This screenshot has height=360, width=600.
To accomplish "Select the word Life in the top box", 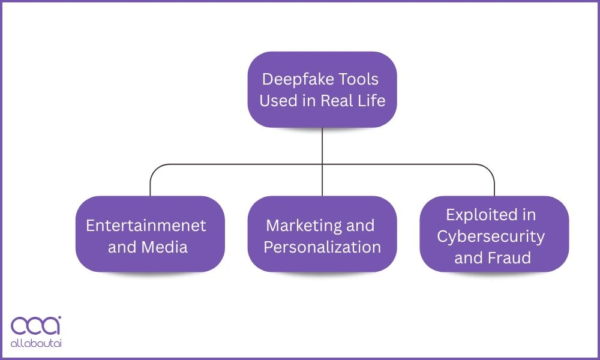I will point(371,100).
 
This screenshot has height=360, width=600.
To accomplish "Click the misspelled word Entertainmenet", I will point(146,226).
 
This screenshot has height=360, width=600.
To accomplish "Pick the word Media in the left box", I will point(168,247).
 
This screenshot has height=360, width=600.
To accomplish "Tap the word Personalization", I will point(322,247).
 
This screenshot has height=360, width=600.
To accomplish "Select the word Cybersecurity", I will point(491,236).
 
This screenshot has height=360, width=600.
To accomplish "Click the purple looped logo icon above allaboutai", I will point(35,326).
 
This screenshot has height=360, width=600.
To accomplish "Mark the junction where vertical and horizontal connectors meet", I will point(322,164).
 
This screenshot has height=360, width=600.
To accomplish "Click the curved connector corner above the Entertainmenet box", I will point(154,168).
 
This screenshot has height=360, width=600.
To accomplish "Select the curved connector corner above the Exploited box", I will point(490,168).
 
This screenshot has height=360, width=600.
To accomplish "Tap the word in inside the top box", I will point(308,100).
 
